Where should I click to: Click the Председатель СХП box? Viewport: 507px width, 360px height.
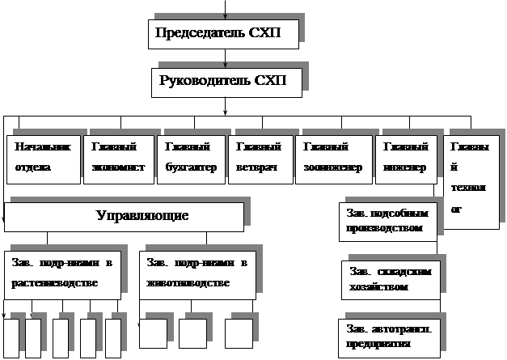click(x=224, y=34)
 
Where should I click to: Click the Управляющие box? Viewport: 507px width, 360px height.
click(x=124, y=217)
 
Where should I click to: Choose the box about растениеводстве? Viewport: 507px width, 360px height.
click(x=63, y=274)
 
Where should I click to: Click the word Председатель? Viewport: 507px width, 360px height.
click(x=199, y=34)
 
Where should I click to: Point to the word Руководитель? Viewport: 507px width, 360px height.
click(x=205, y=82)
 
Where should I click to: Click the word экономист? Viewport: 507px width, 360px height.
click(x=117, y=168)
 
